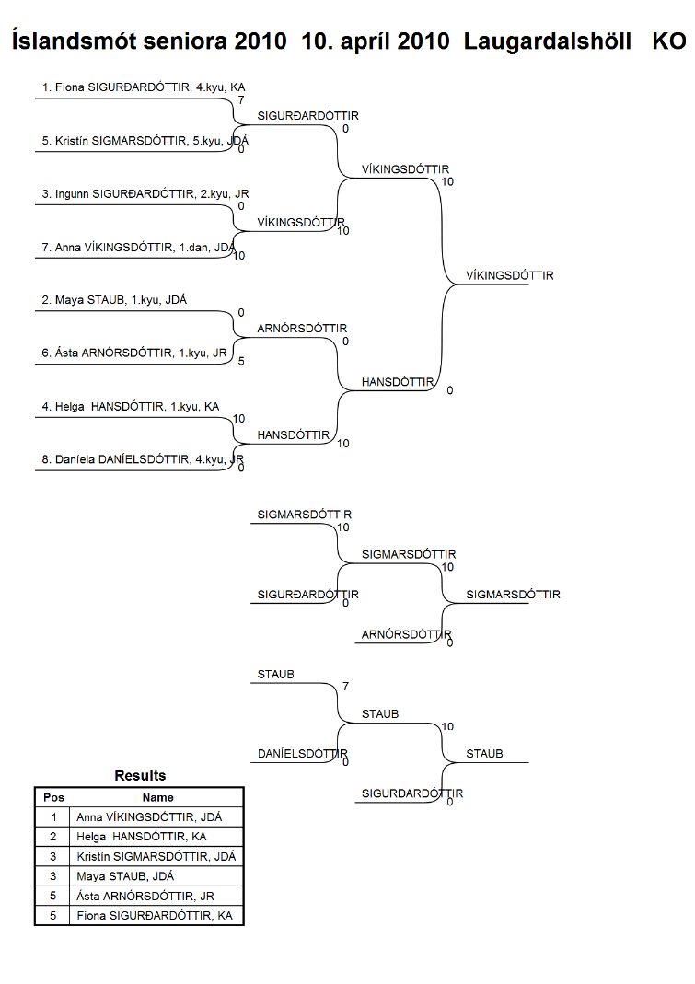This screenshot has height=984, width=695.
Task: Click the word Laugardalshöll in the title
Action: (x=548, y=41)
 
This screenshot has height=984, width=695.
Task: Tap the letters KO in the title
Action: (x=668, y=41)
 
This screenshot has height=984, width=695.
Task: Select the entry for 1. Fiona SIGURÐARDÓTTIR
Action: (x=144, y=87)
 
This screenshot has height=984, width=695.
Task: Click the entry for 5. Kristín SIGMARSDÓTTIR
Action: (x=145, y=141)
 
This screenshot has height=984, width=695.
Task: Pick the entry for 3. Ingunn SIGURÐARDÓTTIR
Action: (x=145, y=194)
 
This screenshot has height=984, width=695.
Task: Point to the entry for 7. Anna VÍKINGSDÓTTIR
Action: (x=139, y=248)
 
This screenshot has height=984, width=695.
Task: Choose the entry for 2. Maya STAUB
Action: (x=114, y=300)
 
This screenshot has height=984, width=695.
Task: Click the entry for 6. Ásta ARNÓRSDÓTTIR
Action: (x=134, y=353)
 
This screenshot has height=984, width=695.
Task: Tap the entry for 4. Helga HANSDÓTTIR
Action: (x=131, y=407)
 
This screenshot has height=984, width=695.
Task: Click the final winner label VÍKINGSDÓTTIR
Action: (x=510, y=275)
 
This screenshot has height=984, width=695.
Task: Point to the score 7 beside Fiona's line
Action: (x=241, y=100)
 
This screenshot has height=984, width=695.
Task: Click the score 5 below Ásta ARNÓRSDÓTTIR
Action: (x=241, y=362)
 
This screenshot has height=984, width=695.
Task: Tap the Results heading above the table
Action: (x=140, y=776)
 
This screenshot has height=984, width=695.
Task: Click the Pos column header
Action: (x=54, y=798)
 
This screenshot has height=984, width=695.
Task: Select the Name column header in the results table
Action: (x=157, y=798)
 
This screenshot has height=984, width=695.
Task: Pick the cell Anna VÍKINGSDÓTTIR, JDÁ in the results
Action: (x=149, y=817)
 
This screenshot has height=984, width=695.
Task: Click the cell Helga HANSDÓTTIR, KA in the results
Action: (x=141, y=837)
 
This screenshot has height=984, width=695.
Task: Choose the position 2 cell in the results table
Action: (x=52, y=837)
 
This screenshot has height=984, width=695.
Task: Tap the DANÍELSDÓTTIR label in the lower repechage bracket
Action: (x=302, y=754)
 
